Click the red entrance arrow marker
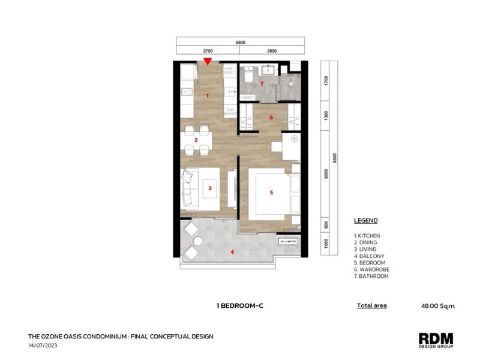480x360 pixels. [208, 61]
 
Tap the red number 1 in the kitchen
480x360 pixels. [208, 95]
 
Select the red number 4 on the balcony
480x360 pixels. [232, 252]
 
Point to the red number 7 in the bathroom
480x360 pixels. [262, 83]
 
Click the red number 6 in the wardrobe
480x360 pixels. [271, 118]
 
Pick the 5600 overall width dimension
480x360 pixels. [240, 43]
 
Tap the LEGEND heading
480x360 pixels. [365, 221]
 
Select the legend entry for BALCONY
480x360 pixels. [370, 256]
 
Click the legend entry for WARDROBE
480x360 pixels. [372, 269]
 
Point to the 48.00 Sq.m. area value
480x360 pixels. [439, 305]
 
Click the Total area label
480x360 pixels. [371, 305]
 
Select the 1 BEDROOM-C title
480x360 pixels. [240, 305]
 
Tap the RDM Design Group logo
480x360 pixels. [436, 340]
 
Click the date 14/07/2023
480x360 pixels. [43, 346]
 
